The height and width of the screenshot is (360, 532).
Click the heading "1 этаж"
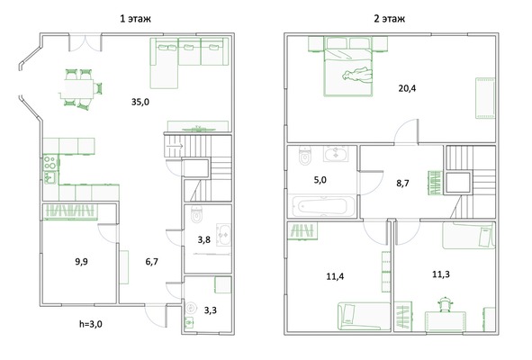[x=135, y=18]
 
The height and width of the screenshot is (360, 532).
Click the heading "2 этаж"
[x=390, y=18]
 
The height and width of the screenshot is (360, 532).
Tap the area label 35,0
[x=140, y=102]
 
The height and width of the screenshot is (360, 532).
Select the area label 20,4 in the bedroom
[x=407, y=88]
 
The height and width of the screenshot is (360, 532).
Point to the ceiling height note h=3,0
[x=91, y=324]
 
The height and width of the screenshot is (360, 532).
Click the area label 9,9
[x=81, y=262]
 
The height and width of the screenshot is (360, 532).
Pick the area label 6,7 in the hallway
[x=151, y=262]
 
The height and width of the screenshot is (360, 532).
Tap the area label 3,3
[x=211, y=310]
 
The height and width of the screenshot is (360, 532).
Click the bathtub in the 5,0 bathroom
[x=322, y=206]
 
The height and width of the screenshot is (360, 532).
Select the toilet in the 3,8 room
[x=196, y=214]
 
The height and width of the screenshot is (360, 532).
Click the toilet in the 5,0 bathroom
[x=305, y=156]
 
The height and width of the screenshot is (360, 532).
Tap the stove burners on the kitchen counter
[x=50, y=162]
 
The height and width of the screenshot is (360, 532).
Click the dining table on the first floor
[x=78, y=89]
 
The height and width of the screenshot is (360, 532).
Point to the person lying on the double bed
[x=357, y=76]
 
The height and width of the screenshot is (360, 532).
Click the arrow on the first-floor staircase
[x=175, y=146]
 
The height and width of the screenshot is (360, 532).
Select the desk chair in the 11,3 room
[x=445, y=303]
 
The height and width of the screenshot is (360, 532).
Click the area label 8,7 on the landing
[x=402, y=184]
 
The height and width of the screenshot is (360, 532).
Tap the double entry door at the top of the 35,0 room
[x=86, y=43]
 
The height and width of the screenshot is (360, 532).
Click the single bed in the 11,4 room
[x=364, y=317]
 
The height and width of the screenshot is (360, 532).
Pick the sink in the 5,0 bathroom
[x=336, y=154]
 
